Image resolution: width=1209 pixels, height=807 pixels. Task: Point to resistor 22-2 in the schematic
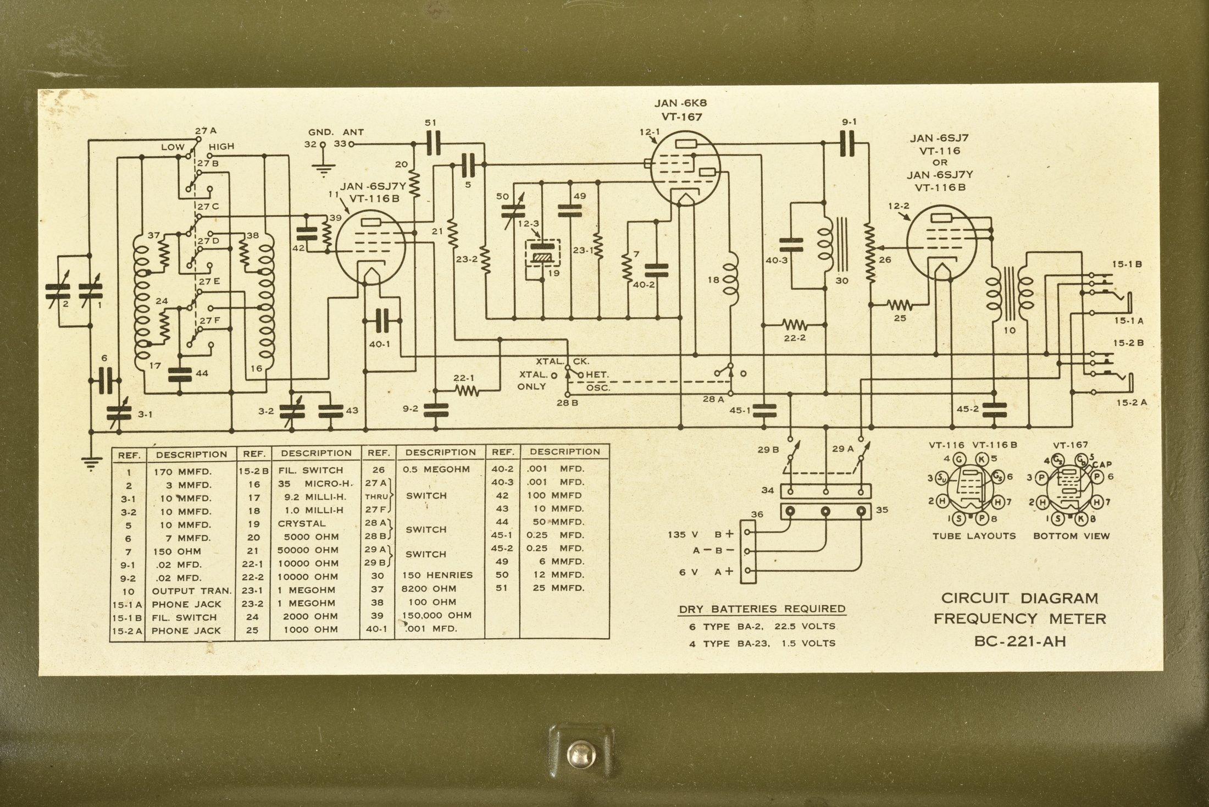795,325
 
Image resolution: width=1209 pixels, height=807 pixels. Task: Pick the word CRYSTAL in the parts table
302,523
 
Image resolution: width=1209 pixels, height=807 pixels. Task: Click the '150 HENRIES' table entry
437,575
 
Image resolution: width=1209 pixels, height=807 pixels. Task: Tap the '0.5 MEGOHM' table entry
436,469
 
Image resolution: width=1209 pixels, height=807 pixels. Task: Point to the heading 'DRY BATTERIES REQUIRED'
762,609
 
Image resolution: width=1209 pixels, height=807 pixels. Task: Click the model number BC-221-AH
1019,641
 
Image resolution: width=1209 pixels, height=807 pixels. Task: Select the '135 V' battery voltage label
683,534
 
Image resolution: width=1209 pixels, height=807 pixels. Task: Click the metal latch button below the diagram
581,754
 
